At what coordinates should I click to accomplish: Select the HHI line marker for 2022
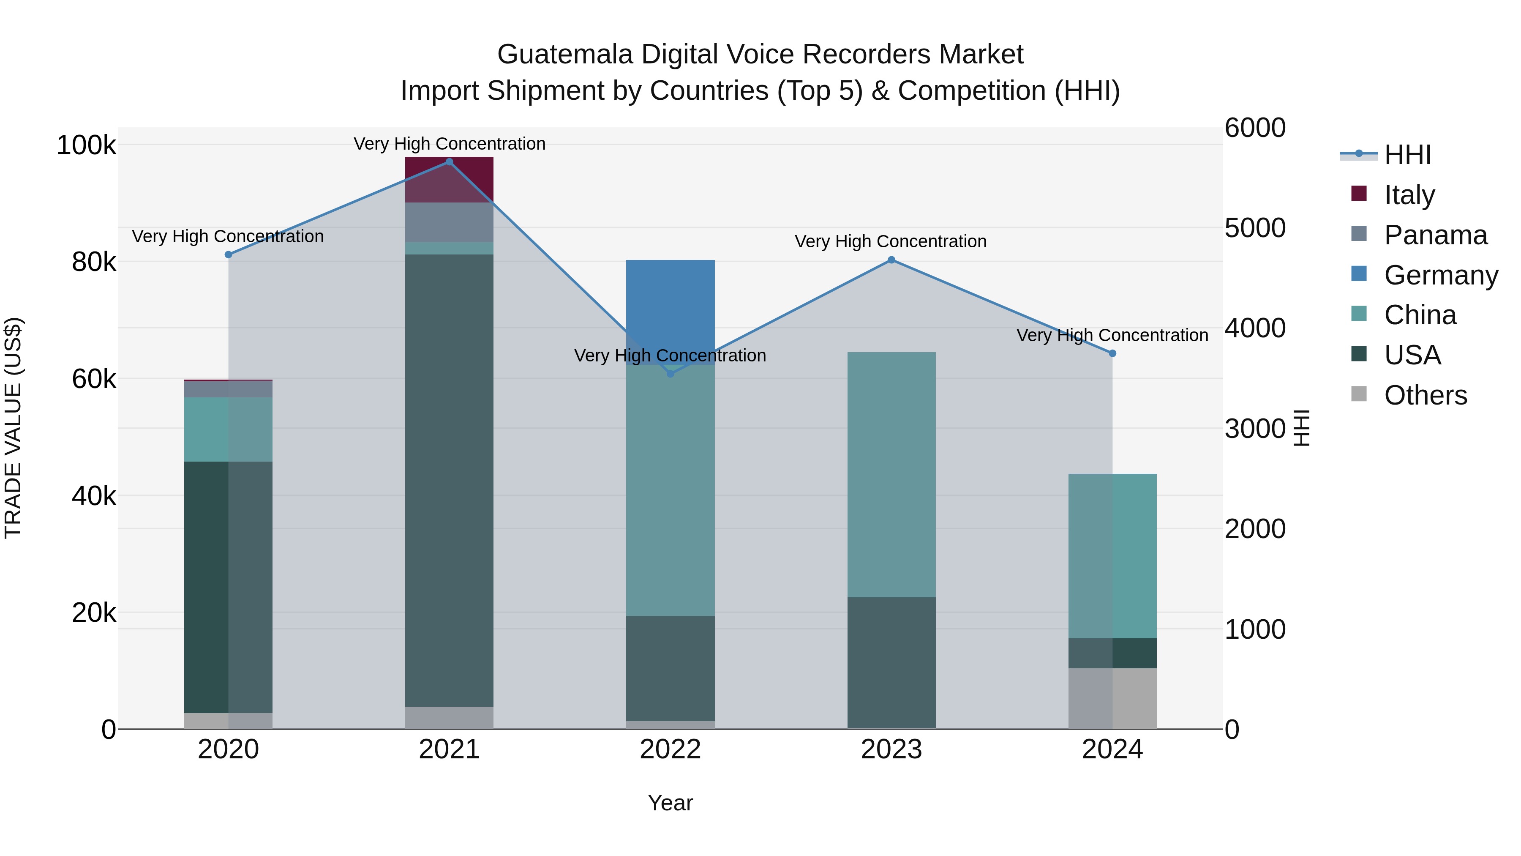coord(670,374)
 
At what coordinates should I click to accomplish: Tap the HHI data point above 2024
coord(1112,353)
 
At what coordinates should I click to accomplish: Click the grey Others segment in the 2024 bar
coord(1112,698)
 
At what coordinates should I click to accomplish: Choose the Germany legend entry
coord(1441,275)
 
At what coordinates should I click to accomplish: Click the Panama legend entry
coord(1435,235)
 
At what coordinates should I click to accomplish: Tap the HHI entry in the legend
coord(1407,155)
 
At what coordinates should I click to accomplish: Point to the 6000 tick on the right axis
coord(1255,128)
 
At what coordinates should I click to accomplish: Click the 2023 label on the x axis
coord(891,749)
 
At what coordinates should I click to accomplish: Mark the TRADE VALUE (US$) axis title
coord(13,428)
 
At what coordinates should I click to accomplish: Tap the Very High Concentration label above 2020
coord(228,236)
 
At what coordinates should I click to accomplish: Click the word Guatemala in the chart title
coord(566,55)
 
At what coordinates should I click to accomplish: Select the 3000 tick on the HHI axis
coord(1255,429)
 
